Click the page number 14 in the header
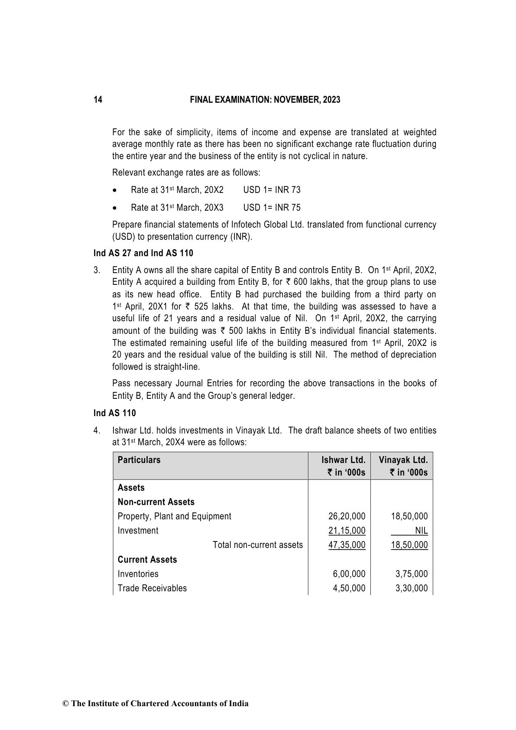tap(98, 100)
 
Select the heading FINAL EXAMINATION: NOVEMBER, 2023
tap(265, 100)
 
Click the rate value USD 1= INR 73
tap(272, 190)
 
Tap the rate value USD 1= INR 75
tap(272, 208)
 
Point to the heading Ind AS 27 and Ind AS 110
tap(143, 253)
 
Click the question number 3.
tap(97, 270)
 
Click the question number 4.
tap(97, 431)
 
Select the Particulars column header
tap(139, 460)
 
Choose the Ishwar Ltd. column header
tap(343, 460)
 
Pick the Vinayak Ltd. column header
tap(403, 460)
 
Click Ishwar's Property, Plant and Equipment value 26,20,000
tap(347, 516)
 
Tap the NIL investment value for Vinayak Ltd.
tap(421, 531)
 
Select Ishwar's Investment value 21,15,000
tap(347, 531)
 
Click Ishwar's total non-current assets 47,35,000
tap(347, 545)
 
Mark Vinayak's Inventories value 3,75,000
tap(411, 574)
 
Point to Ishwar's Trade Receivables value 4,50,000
tap(349, 588)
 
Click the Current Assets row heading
tap(147, 560)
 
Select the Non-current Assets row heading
tap(156, 502)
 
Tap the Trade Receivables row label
tap(152, 588)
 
